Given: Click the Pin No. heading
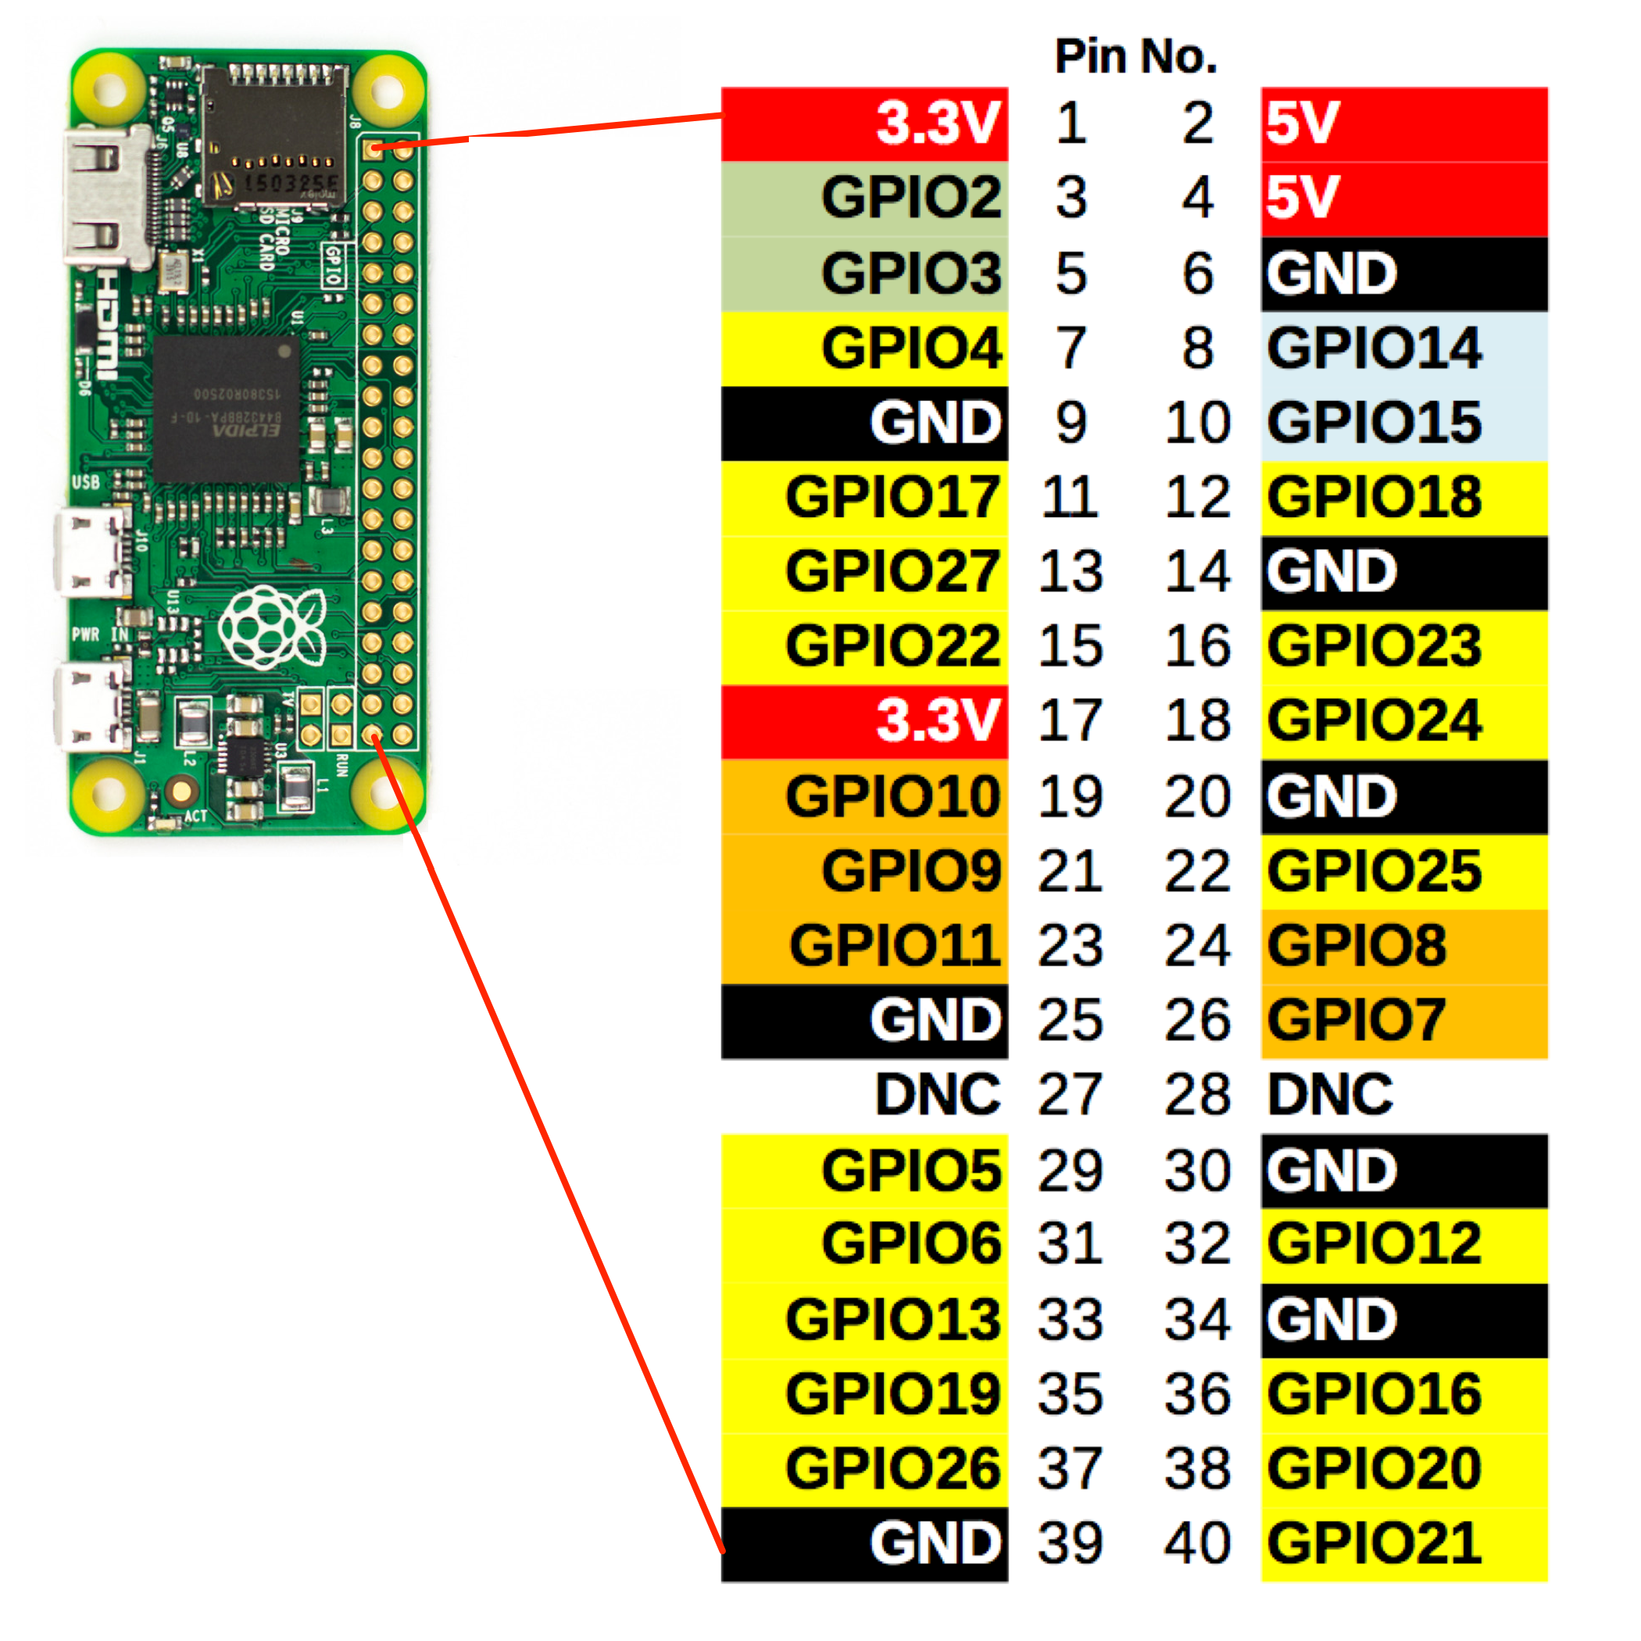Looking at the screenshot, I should click(x=1135, y=57).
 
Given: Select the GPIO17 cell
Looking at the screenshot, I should click(x=865, y=498).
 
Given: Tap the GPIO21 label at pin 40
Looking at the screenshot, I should click(x=1403, y=1543).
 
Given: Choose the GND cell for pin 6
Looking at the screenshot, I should click(x=1403, y=273).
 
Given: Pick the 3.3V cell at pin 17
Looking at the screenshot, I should click(x=865, y=721).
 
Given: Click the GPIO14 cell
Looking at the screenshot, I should click(x=1403, y=349).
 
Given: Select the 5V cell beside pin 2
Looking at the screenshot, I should click(x=1403, y=124).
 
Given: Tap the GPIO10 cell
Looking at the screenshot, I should click(x=865, y=795).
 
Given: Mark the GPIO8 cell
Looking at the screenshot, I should click(x=1403, y=946).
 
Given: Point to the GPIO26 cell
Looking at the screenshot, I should click(x=865, y=1468).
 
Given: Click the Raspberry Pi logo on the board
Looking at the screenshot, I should click(x=271, y=627).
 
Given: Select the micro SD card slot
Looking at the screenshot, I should click(x=273, y=136).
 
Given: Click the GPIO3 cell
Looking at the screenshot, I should click(x=865, y=273).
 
